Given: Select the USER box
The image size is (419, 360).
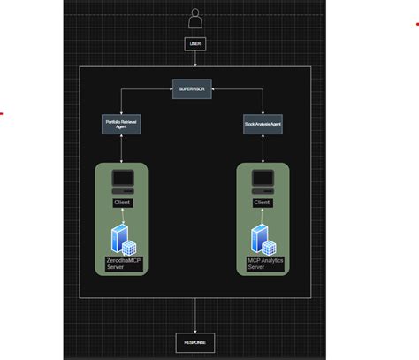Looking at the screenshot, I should click(x=195, y=42).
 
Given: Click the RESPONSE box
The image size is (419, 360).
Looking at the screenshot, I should click(x=195, y=342).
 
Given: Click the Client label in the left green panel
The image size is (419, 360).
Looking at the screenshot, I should click(x=122, y=203).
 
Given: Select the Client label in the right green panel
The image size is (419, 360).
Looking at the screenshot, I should click(x=262, y=203).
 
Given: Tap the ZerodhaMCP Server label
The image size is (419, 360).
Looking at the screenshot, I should click(x=123, y=263).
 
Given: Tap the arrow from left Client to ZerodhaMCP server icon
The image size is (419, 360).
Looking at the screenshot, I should click(x=122, y=216).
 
